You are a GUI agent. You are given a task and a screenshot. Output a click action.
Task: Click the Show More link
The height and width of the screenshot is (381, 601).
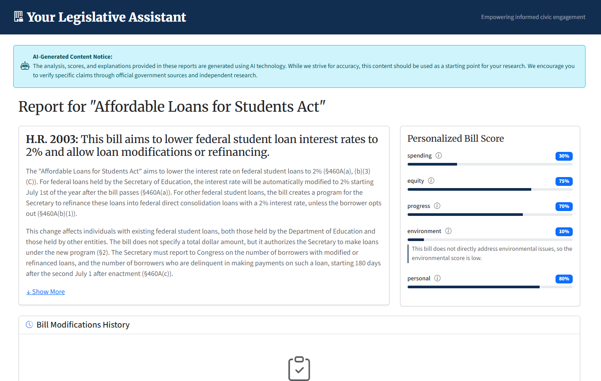click(45, 292)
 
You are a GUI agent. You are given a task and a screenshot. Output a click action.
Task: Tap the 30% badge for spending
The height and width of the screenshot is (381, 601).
click(564, 156)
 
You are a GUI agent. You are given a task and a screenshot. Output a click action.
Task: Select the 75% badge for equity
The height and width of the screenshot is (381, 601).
click(564, 181)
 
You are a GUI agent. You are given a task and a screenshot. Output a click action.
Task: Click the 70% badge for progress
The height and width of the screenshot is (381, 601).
click(564, 207)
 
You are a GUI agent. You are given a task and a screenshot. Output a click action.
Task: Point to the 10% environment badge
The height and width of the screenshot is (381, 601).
click(564, 232)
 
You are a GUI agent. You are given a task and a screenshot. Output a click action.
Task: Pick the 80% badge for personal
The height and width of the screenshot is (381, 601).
click(564, 279)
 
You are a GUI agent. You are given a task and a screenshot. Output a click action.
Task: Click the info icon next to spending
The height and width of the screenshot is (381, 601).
click(438, 155)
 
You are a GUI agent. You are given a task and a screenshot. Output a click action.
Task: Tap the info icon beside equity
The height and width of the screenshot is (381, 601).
click(431, 181)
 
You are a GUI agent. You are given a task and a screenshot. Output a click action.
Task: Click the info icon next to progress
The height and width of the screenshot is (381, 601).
click(437, 206)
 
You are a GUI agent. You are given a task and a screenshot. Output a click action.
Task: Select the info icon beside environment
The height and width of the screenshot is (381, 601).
click(448, 231)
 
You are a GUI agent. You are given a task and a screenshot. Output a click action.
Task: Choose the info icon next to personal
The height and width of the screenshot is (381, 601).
click(437, 278)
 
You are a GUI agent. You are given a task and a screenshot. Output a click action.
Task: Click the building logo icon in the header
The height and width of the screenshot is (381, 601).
click(19, 17)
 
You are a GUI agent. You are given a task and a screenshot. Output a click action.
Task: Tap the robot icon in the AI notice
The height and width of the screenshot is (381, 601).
click(25, 66)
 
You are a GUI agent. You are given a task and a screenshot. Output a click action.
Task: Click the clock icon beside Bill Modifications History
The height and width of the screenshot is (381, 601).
click(30, 324)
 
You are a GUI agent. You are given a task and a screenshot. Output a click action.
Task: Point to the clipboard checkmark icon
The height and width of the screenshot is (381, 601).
click(299, 369)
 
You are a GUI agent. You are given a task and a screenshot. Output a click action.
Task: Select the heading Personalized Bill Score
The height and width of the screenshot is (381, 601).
click(455, 139)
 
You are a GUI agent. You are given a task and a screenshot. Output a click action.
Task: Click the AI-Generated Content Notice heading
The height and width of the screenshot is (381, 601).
click(72, 57)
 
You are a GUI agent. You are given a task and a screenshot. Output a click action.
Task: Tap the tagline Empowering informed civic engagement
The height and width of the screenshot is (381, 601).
click(533, 17)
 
